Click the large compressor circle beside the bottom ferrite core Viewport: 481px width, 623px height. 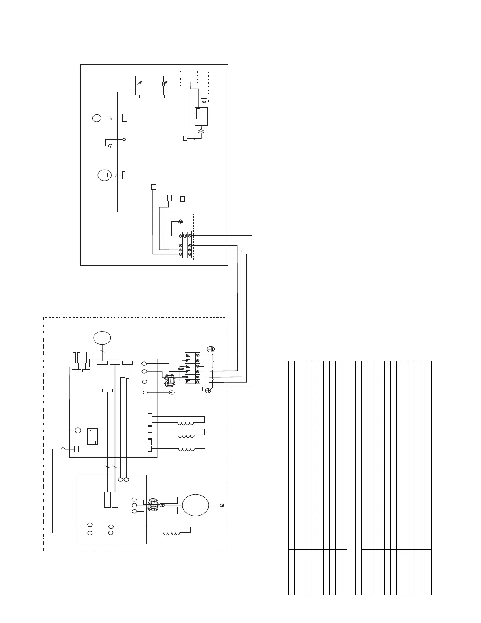(195, 505)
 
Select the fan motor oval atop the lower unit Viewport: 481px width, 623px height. (102, 338)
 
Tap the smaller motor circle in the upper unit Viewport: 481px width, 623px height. (97, 118)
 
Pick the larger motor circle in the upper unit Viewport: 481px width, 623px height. (105, 175)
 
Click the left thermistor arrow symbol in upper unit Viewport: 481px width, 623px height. (138, 83)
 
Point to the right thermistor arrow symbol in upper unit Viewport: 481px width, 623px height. (163, 83)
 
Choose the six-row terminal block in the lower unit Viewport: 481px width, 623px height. (193, 368)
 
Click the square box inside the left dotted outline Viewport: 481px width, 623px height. (191, 77)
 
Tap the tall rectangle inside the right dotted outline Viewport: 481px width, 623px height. (204, 91)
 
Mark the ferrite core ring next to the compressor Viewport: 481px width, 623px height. (152, 505)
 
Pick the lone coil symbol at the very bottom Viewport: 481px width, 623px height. (172, 534)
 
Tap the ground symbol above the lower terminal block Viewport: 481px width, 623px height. (211, 349)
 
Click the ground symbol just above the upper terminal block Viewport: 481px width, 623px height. (181, 222)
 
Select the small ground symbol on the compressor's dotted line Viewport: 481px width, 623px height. (222, 505)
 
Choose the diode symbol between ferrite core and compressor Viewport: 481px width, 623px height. (162, 505)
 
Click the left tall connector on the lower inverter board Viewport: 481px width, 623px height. (107, 500)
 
